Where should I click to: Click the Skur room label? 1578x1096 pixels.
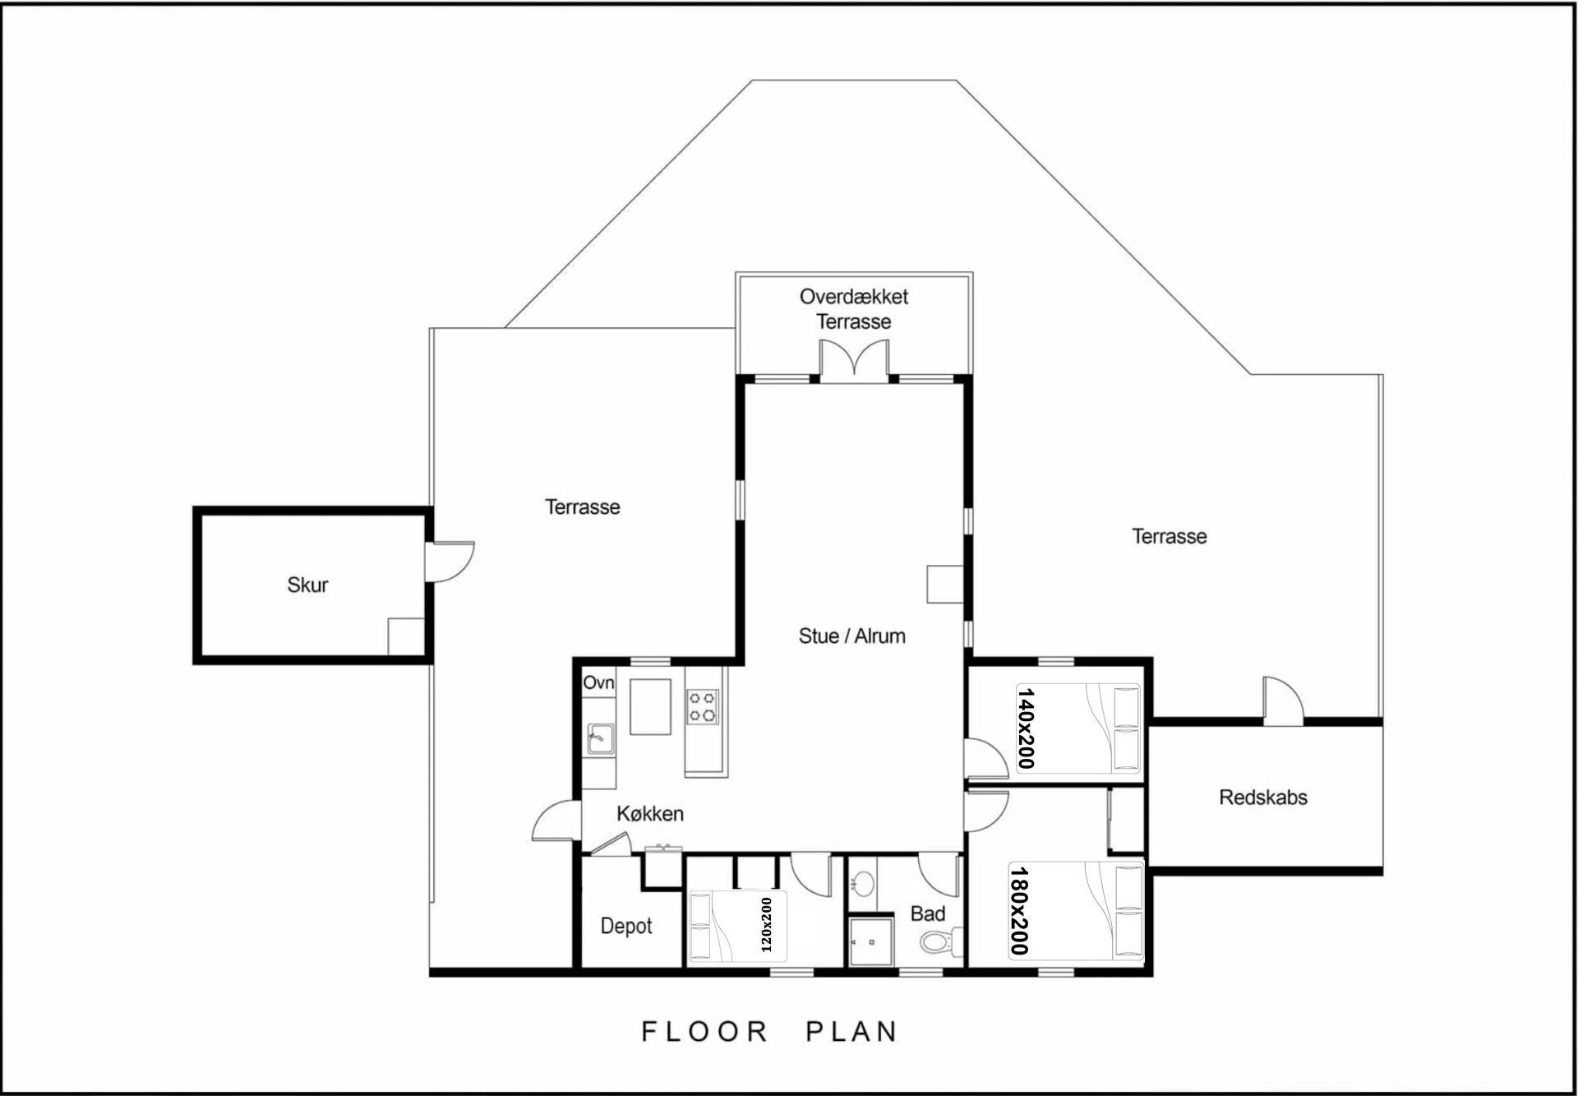[x=307, y=585]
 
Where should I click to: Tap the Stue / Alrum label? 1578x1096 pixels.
[x=852, y=636]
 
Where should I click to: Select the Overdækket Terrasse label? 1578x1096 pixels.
[x=854, y=308]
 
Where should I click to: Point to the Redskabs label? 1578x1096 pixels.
[x=1263, y=797]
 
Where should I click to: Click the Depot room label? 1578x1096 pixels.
[x=626, y=926]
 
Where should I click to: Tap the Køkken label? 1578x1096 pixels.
[x=650, y=813]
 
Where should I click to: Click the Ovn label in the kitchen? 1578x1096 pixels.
[x=598, y=682]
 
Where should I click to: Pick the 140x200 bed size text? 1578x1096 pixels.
[x=1026, y=728]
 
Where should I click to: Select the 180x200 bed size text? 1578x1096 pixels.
[x=1019, y=911]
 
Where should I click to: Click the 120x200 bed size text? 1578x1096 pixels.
[x=766, y=925]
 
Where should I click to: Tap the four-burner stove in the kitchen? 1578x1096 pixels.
[x=703, y=707]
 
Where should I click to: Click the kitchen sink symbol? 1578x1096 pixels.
[x=600, y=738]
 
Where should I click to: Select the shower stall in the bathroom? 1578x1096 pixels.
[x=870, y=940]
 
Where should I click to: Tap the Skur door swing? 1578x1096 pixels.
[x=450, y=562]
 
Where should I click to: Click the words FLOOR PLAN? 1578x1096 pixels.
[x=769, y=1031]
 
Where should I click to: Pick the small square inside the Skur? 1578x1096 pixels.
[x=406, y=636]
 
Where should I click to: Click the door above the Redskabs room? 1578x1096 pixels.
[x=1283, y=701]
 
